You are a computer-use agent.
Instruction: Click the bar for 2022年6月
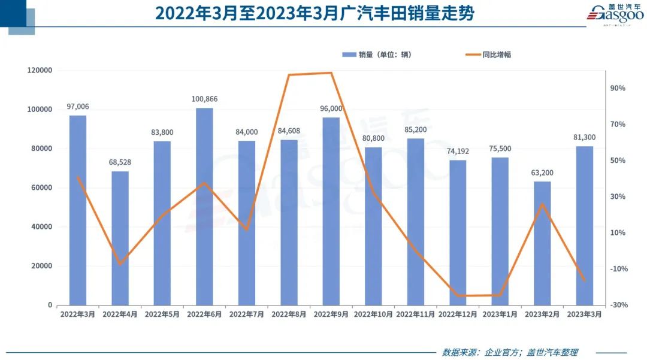(x=204, y=206)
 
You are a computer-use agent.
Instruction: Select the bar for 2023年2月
(x=542, y=243)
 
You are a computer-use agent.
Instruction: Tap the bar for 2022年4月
(x=120, y=238)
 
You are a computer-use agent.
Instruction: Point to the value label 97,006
(x=78, y=107)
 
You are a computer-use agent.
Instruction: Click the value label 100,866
(x=204, y=99)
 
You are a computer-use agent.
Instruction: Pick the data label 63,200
(x=542, y=173)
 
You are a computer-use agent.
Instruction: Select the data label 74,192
(x=458, y=151)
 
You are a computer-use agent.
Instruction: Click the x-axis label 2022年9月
(x=331, y=314)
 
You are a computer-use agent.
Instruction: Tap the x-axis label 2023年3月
(x=585, y=314)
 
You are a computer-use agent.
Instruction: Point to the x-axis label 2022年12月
(x=458, y=314)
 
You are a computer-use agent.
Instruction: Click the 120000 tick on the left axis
(x=40, y=70)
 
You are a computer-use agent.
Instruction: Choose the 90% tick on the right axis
(x=618, y=88)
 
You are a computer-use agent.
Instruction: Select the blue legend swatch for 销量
(x=349, y=55)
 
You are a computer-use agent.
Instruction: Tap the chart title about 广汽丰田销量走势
(x=315, y=13)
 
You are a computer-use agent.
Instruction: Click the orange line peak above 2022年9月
(x=331, y=73)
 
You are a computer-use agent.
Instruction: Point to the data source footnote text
(x=510, y=352)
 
